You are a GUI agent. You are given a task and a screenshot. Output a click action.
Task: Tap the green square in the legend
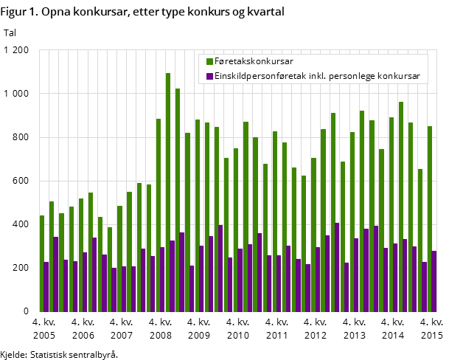(x=209, y=61)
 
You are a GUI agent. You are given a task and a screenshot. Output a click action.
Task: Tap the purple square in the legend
(x=209, y=76)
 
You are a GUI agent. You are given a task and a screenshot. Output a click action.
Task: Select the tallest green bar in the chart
(x=168, y=192)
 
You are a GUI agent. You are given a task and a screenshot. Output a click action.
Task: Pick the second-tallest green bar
(x=178, y=199)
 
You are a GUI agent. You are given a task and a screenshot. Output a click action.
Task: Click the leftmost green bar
(x=42, y=263)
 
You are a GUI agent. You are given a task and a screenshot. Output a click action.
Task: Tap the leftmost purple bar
(x=46, y=286)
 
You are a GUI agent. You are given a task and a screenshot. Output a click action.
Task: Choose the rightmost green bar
(x=430, y=218)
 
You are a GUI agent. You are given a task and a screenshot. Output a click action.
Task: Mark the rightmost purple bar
(x=434, y=281)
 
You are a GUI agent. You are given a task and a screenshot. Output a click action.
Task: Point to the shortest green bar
(x=110, y=269)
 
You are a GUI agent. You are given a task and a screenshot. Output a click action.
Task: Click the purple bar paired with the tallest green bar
(x=173, y=276)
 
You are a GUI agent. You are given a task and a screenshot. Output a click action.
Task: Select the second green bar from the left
(x=52, y=256)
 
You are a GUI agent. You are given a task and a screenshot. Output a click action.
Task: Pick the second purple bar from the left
(x=56, y=274)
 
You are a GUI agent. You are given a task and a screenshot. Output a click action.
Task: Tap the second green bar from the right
(x=420, y=240)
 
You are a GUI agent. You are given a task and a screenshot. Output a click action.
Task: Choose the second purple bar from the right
(x=425, y=286)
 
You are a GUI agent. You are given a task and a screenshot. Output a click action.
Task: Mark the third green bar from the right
(x=411, y=217)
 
